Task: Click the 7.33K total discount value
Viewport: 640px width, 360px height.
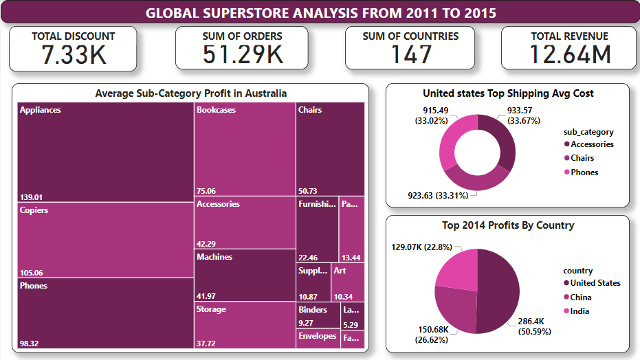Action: pyautogui.click(x=74, y=54)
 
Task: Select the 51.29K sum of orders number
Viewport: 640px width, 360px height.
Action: pyautogui.click(x=243, y=54)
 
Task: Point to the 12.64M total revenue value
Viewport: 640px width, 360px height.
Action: pyautogui.click(x=571, y=54)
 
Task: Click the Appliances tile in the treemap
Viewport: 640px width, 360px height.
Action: pyautogui.click(x=105, y=152)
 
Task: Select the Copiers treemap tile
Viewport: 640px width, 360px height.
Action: pyautogui.click(x=105, y=240)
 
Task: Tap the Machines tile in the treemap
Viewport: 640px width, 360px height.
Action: pyautogui.click(x=245, y=275)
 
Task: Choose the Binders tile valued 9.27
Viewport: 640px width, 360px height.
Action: pyautogui.click(x=318, y=315)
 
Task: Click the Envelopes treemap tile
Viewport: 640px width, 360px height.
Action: pyautogui.click(x=318, y=339)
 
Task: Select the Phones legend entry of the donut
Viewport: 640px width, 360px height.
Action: pyautogui.click(x=584, y=172)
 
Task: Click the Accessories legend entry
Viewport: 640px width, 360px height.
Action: pyautogui.click(x=591, y=144)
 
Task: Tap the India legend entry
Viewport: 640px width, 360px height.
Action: pyautogui.click(x=579, y=311)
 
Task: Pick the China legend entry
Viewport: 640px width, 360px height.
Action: pyautogui.click(x=580, y=297)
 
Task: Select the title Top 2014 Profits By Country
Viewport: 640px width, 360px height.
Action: pyautogui.click(x=507, y=225)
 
